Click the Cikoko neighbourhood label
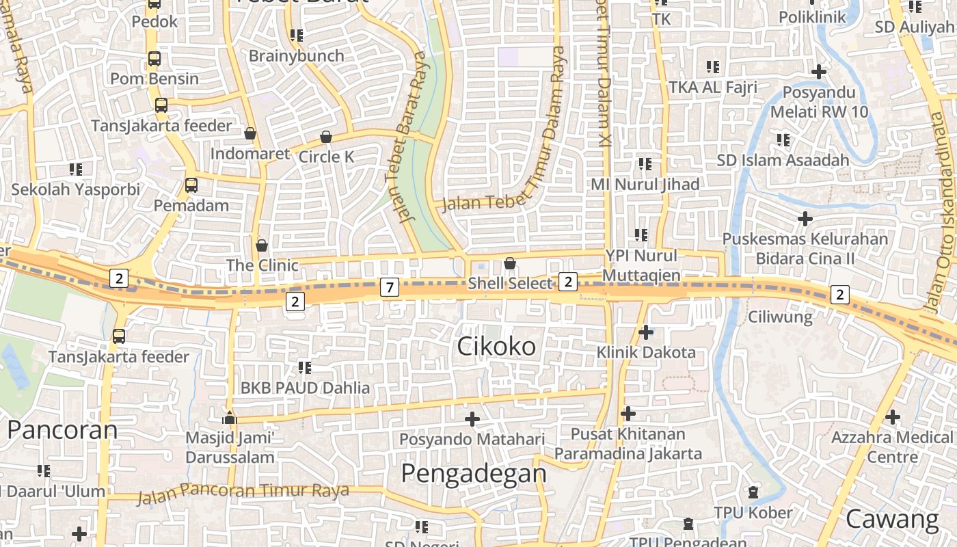click(x=496, y=347)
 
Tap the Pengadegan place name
click(x=473, y=473)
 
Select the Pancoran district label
click(x=62, y=430)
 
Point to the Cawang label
click(x=892, y=520)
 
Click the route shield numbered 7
click(x=389, y=287)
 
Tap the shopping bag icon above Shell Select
click(x=509, y=263)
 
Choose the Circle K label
click(x=326, y=157)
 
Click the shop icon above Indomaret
click(x=250, y=133)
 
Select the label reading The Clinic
click(x=262, y=265)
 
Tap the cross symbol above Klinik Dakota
click(x=645, y=332)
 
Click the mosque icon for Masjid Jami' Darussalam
click(x=230, y=417)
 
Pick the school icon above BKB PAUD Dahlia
click(x=305, y=368)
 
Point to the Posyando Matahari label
click(x=472, y=439)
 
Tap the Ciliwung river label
click(x=780, y=317)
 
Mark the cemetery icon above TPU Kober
click(x=753, y=492)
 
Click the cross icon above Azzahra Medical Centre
click(x=892, y=416)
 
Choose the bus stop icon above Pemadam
click(x=191, y=185)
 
